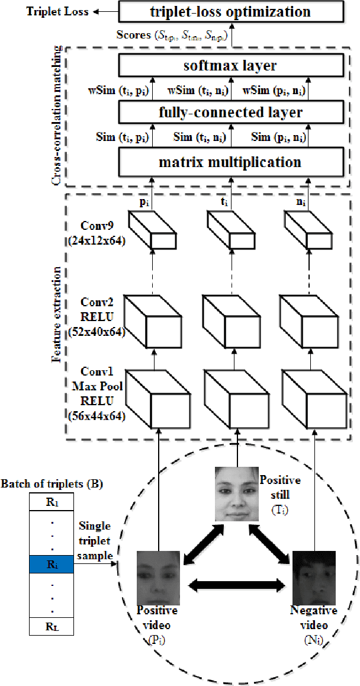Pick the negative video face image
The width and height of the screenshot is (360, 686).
click(x=313, y=576)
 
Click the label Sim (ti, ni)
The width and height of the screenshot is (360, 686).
click(x=199, y=137)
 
